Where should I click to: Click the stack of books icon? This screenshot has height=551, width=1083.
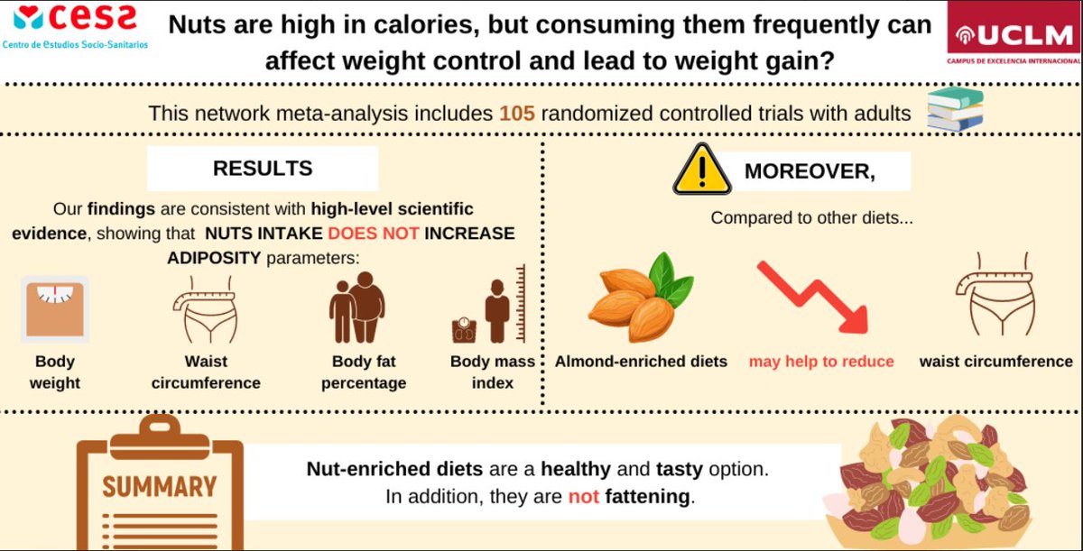tap(955, 109)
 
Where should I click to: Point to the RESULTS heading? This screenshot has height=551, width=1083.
tap(263, 169)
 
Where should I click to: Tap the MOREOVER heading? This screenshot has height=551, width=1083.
tap(809, 171)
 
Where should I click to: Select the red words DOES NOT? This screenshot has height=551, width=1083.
tap(373, 234)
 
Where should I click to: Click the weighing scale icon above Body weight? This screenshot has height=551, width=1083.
tap(55, 309)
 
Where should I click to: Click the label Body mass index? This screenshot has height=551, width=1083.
tap(493, 372)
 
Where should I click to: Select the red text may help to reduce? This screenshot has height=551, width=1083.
tap(821, 362)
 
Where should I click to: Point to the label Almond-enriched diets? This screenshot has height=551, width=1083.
tap(641, 362)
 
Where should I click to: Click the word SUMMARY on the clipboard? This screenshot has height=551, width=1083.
tap(159, 487)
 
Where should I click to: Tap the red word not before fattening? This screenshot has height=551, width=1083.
tap(583, 496)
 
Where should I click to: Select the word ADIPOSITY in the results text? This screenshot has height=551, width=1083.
tap(214, 258)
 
